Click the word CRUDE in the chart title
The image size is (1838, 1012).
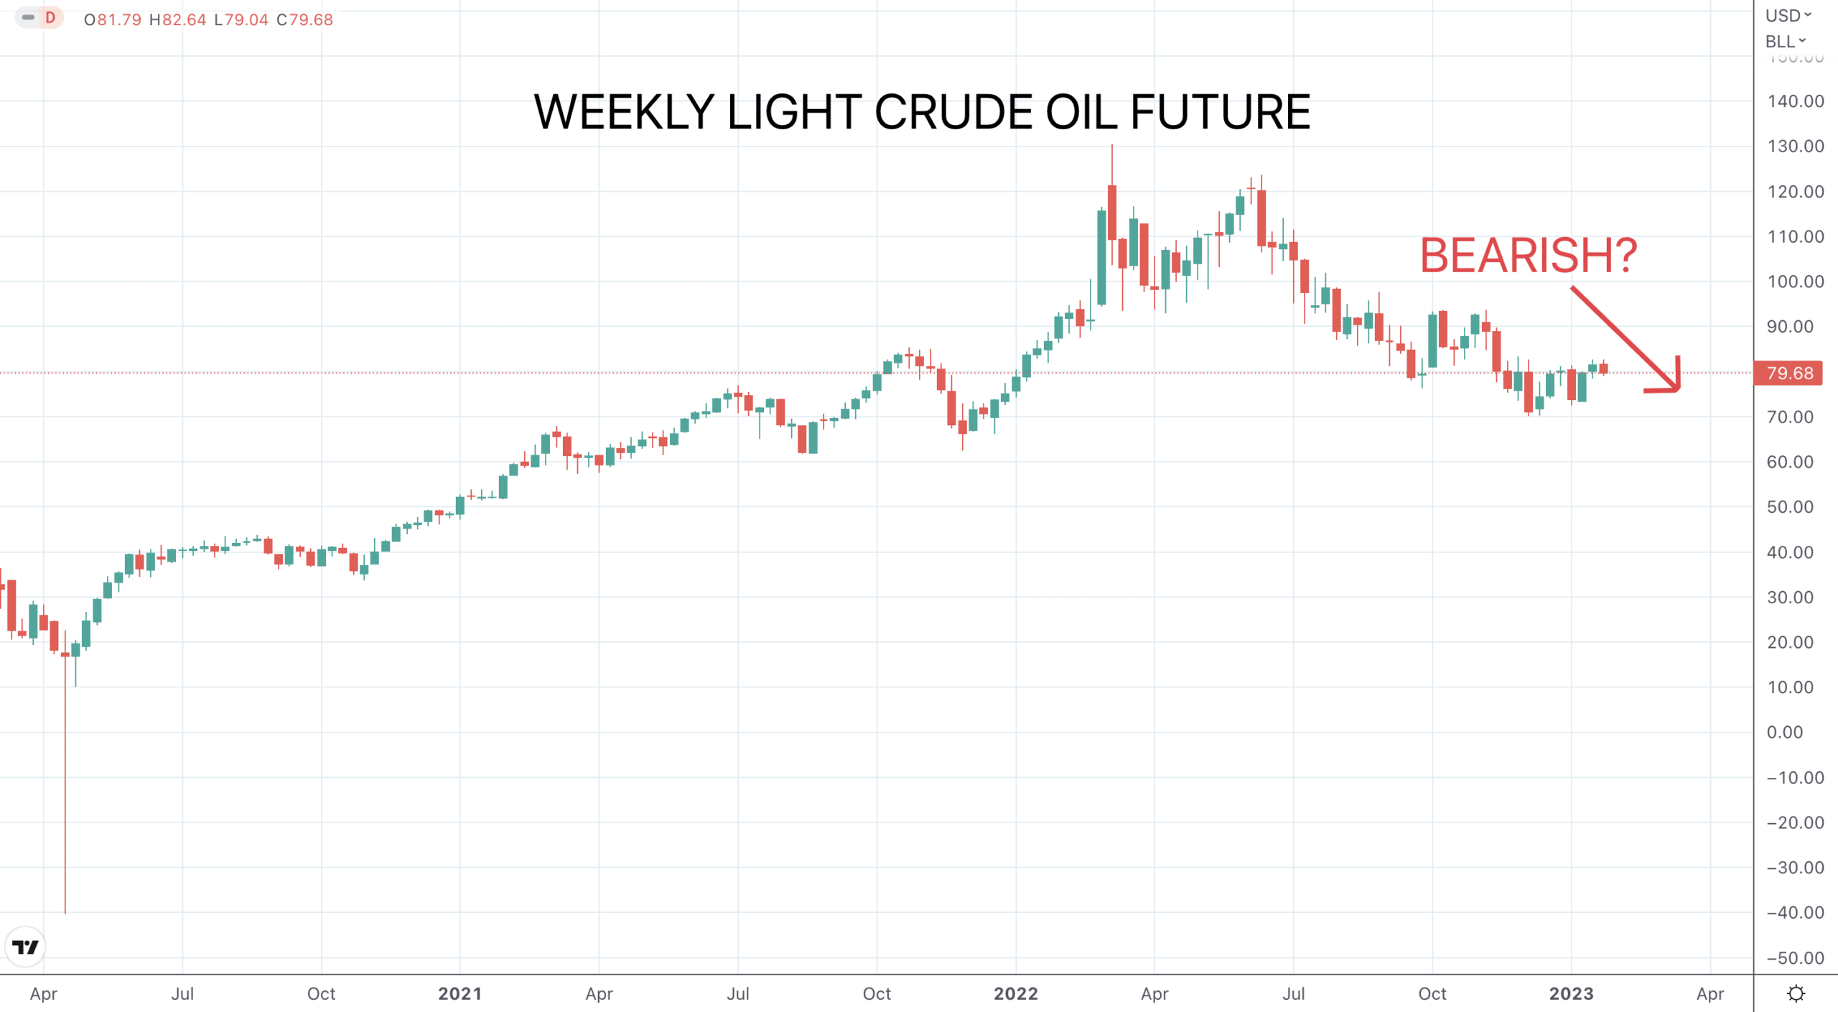pos(953,112)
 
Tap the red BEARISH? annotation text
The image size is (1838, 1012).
pos(1529,256)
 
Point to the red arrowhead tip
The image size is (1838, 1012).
pos(1679,390)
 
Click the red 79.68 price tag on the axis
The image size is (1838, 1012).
pos(1788,373)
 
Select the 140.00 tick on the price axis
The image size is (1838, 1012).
pos(1796,101)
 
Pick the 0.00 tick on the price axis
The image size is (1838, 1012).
pos(1785,732)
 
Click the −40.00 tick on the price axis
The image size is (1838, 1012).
pos(1795,912)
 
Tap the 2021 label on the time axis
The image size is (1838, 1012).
pos(459,993)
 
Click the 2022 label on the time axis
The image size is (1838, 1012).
pos(1015,993)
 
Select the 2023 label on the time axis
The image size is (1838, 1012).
pos(1571,993)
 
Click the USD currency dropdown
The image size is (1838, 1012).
pos(1788,16)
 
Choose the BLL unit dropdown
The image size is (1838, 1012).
pos(1786,42)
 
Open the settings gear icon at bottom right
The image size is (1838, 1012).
pos(1796,993)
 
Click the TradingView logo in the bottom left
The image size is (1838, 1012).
pos(26,947)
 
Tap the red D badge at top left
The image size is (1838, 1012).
pos(50,17)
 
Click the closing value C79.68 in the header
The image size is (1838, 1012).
pos(305,19)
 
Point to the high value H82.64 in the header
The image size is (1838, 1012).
pos(177,19)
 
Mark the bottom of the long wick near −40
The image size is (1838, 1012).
pos(65,913)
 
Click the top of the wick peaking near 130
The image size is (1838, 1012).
pos(1112,145)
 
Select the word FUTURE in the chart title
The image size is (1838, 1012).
pos(1221,112)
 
